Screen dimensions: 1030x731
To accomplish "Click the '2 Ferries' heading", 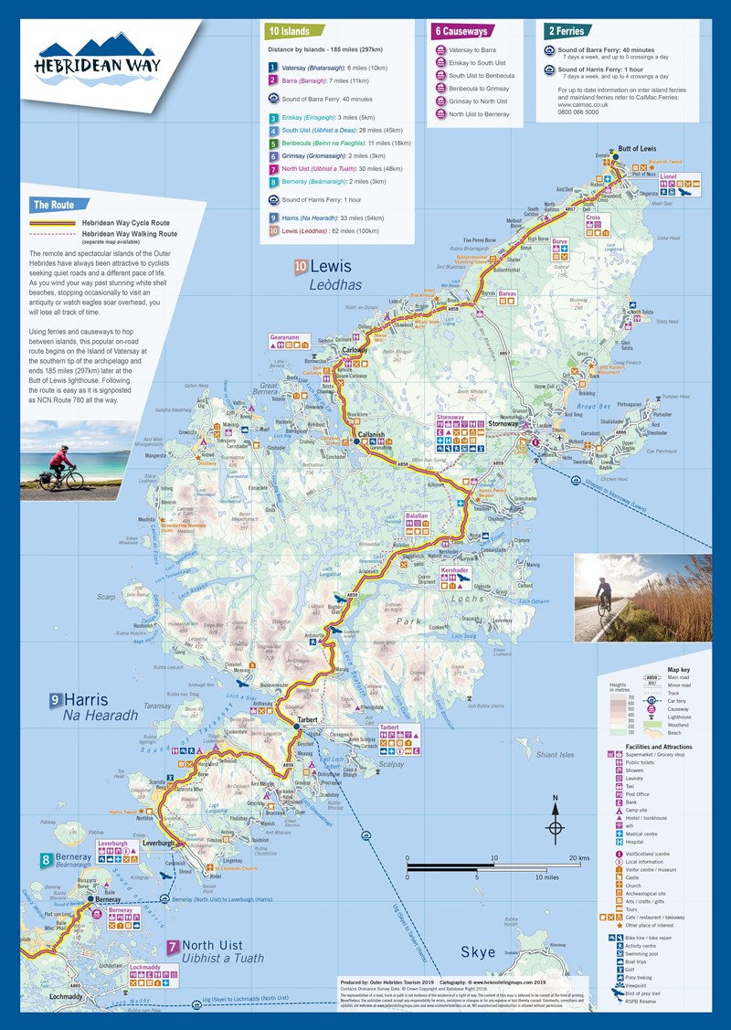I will click(570, 30).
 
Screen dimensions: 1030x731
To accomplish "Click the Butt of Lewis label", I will click(637, 148).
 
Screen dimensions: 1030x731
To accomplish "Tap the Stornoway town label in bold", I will click(503, 424).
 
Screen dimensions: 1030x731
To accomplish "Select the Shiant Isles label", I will click(556, 755).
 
